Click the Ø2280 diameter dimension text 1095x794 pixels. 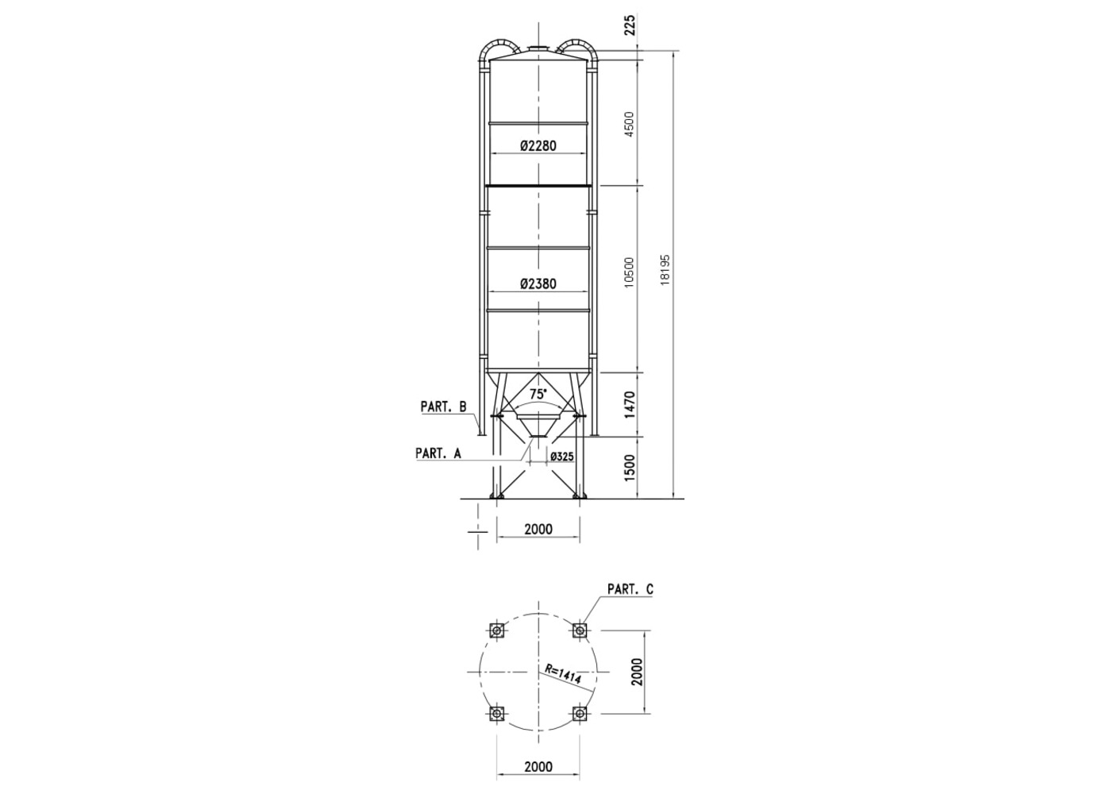tap(538, 145)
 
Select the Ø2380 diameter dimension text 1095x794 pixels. tap(538, 283)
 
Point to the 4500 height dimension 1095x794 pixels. tap(629, 124)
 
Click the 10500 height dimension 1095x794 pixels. tap(629, 272)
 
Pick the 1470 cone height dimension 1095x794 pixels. tap(630, 405)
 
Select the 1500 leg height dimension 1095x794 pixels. tap(630, 468)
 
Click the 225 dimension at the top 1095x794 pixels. tap(630, 25)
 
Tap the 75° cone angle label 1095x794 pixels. tap(538, 394)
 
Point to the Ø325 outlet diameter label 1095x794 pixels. tap(561, 457)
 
